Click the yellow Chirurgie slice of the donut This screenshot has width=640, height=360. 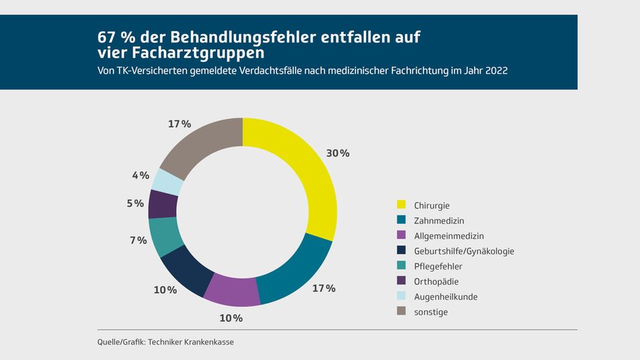tap(313, 173)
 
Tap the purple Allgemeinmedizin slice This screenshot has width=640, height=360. tap(231, 291)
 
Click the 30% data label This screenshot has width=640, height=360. tap(337, 153)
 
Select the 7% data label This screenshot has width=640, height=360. tap(138, 240)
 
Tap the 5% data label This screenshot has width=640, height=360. tap(135, 203)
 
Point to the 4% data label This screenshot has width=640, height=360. tap(140, 176)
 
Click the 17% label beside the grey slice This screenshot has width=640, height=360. tap(179, 124)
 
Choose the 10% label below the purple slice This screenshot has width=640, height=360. tap(231, 318)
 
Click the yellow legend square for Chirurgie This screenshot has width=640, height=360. tap(401, 205)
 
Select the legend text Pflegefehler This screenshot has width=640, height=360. tap(439, 267)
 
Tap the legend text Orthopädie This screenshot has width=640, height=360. tap(436, 282)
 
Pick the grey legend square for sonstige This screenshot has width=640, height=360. tap(401, 312)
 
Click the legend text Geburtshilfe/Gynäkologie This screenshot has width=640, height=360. tap(464, 251)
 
